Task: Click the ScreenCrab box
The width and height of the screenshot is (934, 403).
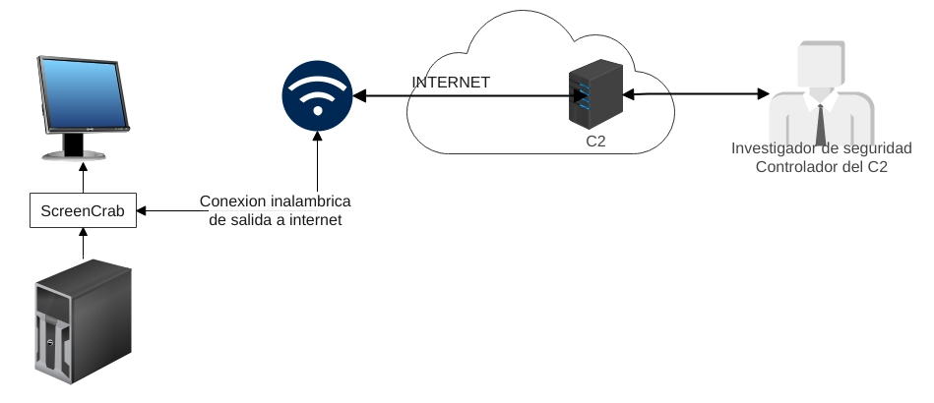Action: click(x=83, y=210)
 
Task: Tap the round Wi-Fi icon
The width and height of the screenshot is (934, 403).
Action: click(x=317, y=95)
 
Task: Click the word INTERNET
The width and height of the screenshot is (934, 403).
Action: click(x=451, y=83)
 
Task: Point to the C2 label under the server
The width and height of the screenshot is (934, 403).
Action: click(x=595, y=142)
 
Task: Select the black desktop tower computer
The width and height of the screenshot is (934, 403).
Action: click(x=83, y=322)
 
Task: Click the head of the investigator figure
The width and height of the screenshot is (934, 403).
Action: click(x=820, y=67)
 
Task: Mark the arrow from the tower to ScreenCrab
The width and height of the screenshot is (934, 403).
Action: click(x=83, y=244)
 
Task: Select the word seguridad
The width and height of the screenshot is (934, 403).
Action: click(x=879, y=148)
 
